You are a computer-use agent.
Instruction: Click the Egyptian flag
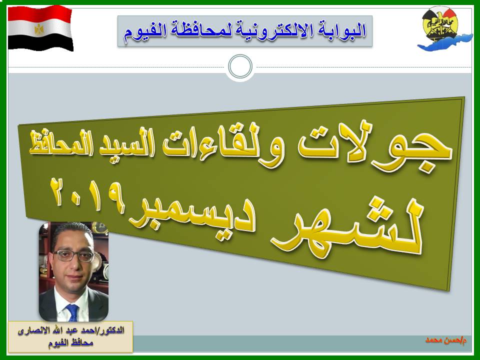click(40, 28)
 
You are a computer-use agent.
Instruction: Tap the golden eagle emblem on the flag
click(39, 29)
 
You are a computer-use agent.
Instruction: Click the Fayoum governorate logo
click(444, 29)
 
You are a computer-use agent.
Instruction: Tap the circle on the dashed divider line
click(240, 66)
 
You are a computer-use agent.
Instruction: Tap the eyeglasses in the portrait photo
click(73, 256)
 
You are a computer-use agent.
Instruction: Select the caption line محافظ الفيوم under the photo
click(70, 343)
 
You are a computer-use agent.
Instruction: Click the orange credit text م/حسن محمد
click(446, 340)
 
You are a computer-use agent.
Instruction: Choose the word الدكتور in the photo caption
click(112, 331)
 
